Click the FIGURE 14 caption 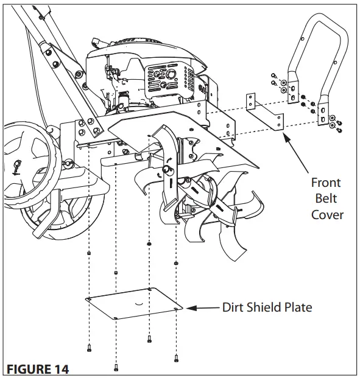tap(38, 369)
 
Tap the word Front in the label tap(326, 183)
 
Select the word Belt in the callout tap(326, 198)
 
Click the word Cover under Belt tap(327, 214)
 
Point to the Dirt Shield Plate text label tap(267, 307)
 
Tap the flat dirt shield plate tap(134, 304)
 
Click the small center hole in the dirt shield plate tap(139, 302)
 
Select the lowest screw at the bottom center tap(116, 367)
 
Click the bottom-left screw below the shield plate tap(90, 348)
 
